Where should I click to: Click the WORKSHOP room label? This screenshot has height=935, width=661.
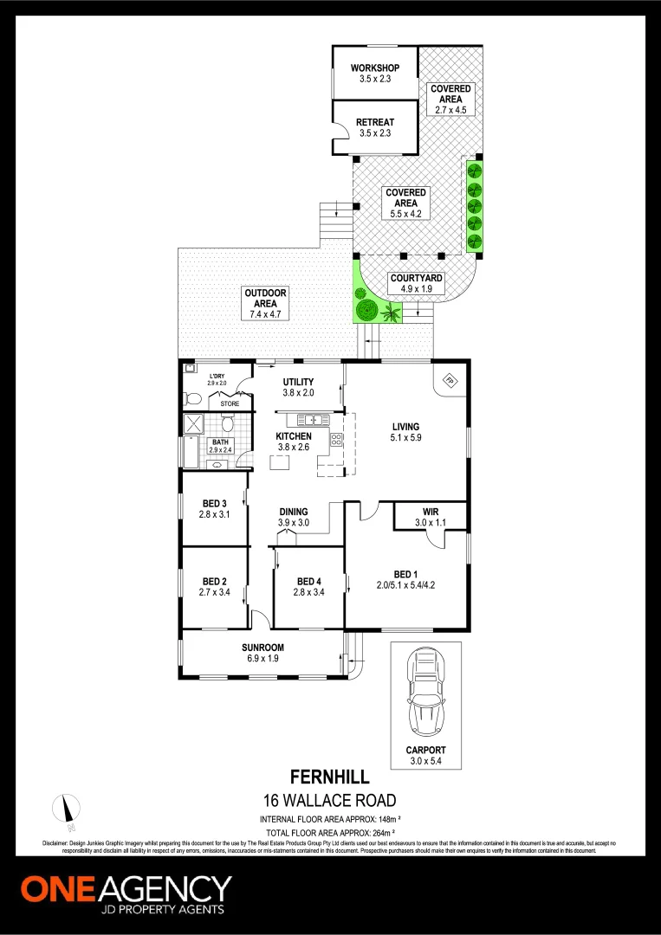pyautogui.click(x=374, y=68)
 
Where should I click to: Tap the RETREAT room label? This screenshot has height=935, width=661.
pyautogui.click(x=374, y=122)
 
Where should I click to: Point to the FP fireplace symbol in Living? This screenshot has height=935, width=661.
pyautogui.click(x=450, y=379)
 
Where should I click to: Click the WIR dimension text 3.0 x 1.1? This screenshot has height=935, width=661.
pyautogui.click(x=431, y=523)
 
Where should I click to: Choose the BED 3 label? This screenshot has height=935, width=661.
pyautogui.click(x=214, y=504)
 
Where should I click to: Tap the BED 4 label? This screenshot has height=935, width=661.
pyautogui.click(x=309, y=581)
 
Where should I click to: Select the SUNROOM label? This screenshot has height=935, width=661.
pyautogui.click(x=262, y=648)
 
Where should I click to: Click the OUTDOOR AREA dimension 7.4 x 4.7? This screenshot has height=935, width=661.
pyautogui.click(x=265, y=314)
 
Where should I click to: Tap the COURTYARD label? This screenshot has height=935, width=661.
pyautogui.click(x=416, y=278)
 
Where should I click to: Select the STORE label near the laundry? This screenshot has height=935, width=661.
pyautogui.click(x=230, y=403)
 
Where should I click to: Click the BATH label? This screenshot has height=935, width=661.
pyautogui.click(x=220, y=442)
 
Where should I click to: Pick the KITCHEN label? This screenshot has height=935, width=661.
pyautogui.click(x=294, y=436)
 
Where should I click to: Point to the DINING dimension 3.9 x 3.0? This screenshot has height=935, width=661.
pyautogui.click(x=294, y=523)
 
